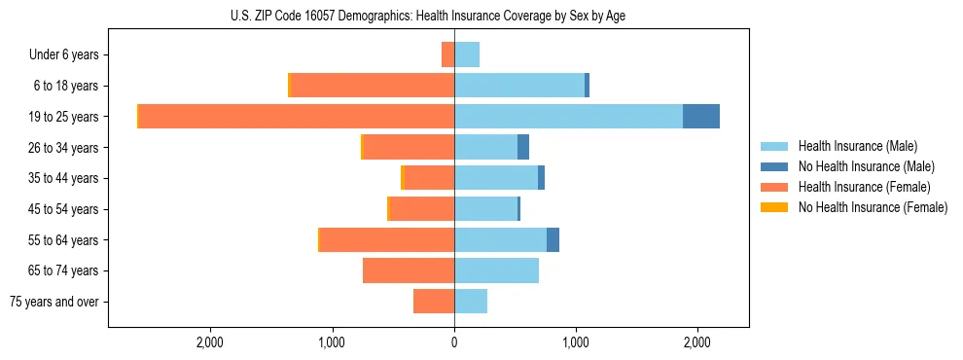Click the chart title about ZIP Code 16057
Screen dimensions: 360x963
point(429,15)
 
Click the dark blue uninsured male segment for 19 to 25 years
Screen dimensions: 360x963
point(700,117)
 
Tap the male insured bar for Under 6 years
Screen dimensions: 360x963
point(467,54)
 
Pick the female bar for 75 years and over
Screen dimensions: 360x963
point(434,302)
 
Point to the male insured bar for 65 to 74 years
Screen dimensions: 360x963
point(496,270)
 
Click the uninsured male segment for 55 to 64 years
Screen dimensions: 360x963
point(553,240)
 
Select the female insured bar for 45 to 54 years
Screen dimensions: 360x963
point(422,209)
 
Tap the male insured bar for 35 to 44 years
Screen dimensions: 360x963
point(496,178)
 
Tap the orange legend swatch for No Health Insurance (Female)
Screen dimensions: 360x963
point(775,207)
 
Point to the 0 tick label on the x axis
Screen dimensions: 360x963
point(454,342)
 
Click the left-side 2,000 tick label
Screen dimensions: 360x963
point(210,342)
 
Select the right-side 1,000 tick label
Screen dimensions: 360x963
point(576,342)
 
